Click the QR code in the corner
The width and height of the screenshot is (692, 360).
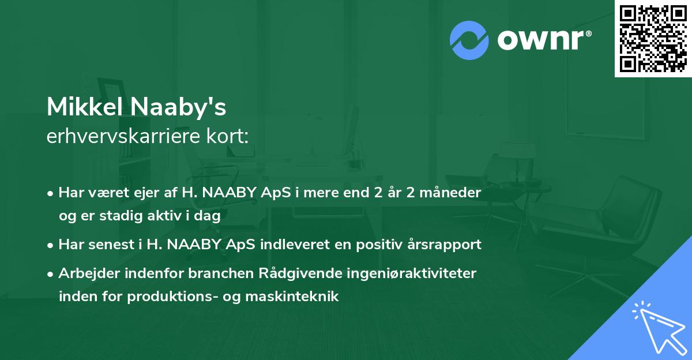coord(653,39)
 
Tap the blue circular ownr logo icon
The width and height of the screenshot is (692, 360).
coord(469,40)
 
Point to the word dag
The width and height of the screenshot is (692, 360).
coord(208,216)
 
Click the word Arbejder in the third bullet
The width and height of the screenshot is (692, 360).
coord(86,273)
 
